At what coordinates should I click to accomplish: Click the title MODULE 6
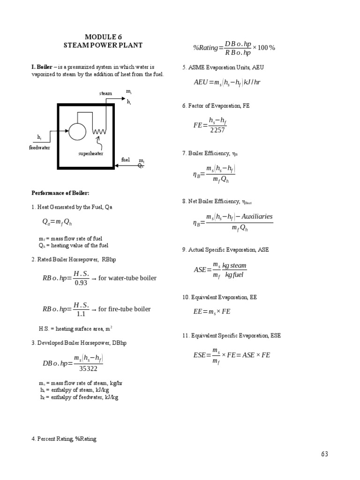click(x=103, y=37)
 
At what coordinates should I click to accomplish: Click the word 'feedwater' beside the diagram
click(x=39, y=148)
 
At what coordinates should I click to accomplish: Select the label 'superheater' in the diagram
click(x=91, y=153)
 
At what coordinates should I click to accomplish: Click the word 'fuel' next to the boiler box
click(x=125, y=160)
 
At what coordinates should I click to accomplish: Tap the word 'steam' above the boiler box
click(x=105, y=93)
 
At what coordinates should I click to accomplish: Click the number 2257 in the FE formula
click(x=217, y=130)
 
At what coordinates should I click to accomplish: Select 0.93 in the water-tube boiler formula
click(x=81, y=283)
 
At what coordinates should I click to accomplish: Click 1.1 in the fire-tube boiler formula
click(x=81, y=314)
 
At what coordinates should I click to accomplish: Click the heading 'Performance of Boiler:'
click(x=60, y=193)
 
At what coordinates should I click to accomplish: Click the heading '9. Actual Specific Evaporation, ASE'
click(x=225, y=250)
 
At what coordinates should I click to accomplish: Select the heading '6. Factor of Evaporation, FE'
click(x=216, y=106)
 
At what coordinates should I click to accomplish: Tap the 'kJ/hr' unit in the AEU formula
click(x=252, y=82)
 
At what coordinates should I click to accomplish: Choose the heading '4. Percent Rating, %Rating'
click(x=64, y=439)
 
